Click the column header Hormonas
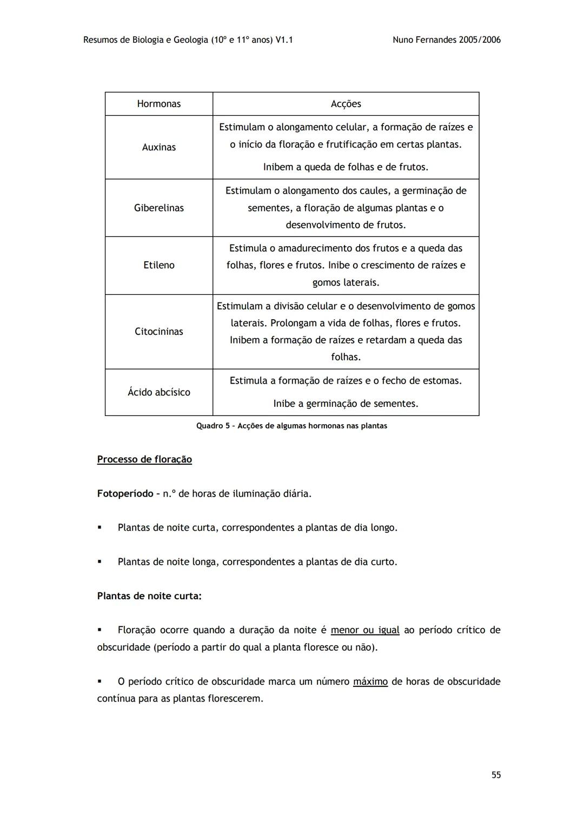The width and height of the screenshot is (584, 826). pyautogui.click(x=158, y=104)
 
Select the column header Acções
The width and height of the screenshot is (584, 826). pyautogui.click(x=346, y=104)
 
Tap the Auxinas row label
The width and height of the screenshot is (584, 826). pyautogui.click(x=158, y=147)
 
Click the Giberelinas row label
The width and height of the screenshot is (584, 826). pyautogui.click(x=158, y=208)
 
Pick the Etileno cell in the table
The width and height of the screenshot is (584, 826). pyautogui.click(x=158, y=265)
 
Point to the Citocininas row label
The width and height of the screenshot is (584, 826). pyautogui.click(x=158, y=332)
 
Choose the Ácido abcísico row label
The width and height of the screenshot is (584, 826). pyautogui.click(x=158, y=392)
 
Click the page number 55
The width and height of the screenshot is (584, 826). pyautogui.click(x=496, y=775)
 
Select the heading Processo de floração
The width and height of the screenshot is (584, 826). pyautogui.click(x=144, y=459)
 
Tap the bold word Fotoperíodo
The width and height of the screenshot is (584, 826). pyautogui.click(x=125, y=493)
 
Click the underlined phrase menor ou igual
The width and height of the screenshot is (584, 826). pyautogui.click(x=365, y=630)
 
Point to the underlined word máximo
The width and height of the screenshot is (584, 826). pyautogui.click(x=370, y=681)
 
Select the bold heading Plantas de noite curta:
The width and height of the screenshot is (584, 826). pyautogui.click(x=149, y=596)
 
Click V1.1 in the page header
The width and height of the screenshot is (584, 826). pyautogui.click(x=284, y=39)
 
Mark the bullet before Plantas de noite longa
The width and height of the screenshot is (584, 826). pyautogui.click(x=99, y=561)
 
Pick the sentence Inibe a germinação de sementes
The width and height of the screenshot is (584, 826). pyautogui.click(x=346, y=404)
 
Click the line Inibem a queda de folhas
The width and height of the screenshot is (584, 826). pyautogui.click(x=346, y=167)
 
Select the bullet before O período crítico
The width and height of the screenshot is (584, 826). pyautogui.click(x=99, y=681)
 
